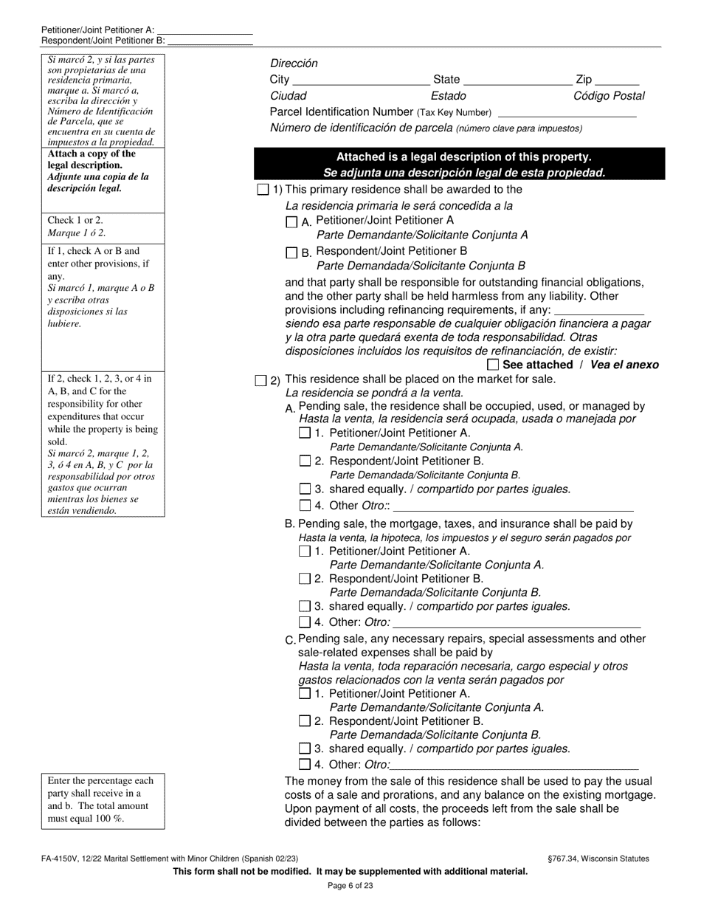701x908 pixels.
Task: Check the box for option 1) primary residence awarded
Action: click(263, 190)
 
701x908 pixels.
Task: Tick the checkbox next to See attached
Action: click(494, 365)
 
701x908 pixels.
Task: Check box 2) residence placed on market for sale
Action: click(260, 380)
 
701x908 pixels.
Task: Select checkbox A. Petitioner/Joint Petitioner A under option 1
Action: click(291, 221)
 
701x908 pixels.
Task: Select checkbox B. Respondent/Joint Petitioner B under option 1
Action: click(291, 252)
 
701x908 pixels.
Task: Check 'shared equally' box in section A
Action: click(305, 489)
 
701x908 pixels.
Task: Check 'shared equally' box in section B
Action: click(305, 606)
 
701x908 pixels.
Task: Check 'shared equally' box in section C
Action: click(305, 749)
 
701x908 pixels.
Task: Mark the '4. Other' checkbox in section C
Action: click(305, 765)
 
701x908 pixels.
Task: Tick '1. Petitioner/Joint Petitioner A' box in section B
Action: click(305, 551)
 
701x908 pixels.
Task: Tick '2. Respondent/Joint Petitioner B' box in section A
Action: click(305, 461)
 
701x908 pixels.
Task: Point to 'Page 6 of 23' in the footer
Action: click(350, 886)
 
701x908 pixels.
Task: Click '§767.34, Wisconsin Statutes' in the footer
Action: click(595, 859)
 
